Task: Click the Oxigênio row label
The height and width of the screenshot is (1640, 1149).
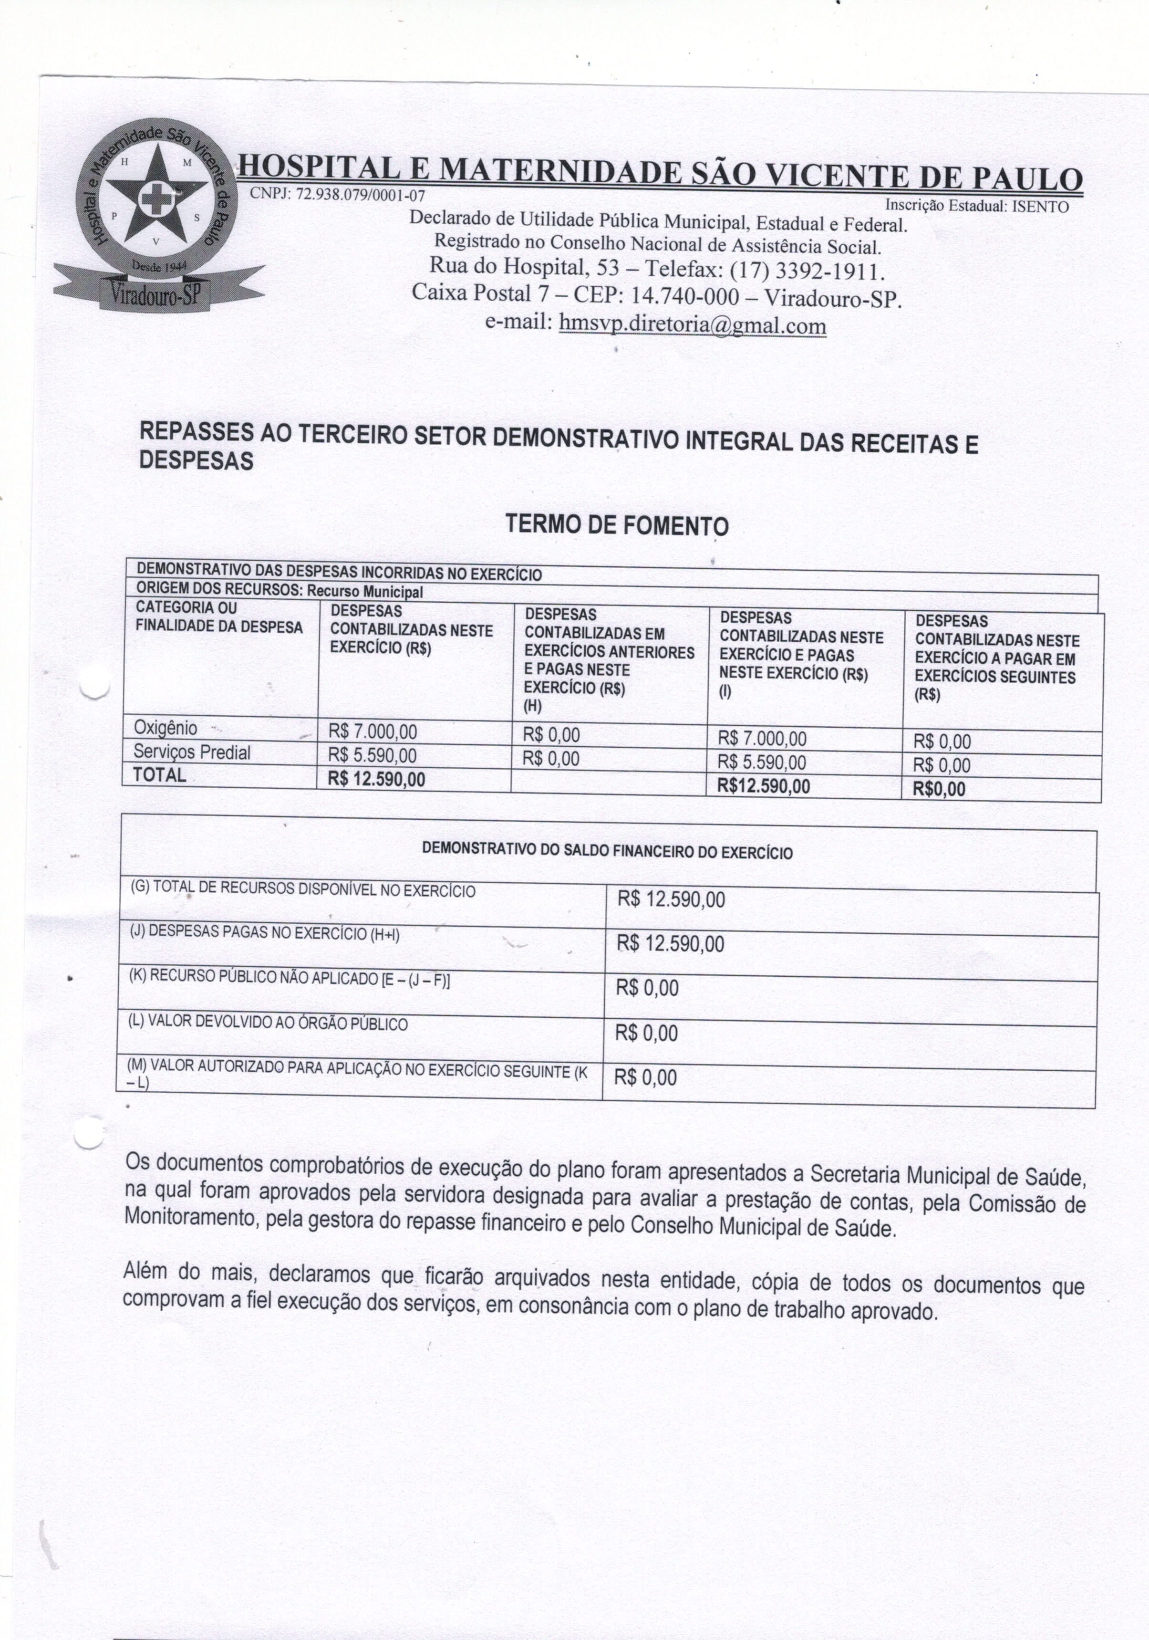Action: (x=166, y=728)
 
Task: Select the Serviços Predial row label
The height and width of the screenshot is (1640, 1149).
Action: (x=191, y=752)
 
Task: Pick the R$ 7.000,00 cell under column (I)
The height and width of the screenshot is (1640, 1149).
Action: (x=762, y=739)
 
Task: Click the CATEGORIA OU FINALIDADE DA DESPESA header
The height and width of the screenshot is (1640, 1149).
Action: (x=218, y=617)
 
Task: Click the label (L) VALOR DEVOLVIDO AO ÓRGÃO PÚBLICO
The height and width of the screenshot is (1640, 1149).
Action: (x=268, y=1023)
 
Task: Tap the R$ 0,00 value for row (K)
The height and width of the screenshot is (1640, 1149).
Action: (x=647, y=988)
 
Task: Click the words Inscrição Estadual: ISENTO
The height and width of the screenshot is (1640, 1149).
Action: (x=976, y=207)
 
